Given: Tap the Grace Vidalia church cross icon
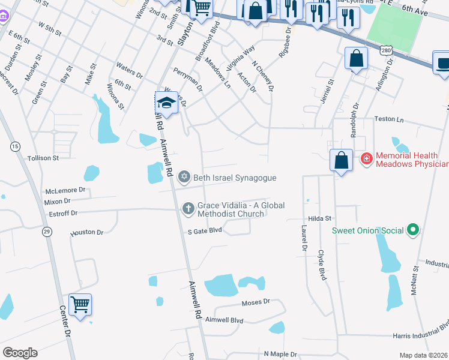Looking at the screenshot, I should tap(188, 208).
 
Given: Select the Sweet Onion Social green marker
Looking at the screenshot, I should tap(412, 229).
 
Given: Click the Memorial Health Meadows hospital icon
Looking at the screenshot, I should tap(366, 159).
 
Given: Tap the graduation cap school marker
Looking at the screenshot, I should tap(167, 103).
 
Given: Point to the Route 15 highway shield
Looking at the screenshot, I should tap(15, 146).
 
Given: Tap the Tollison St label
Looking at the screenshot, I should tap(43, 158).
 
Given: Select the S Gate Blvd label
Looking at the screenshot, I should tap(205, 230).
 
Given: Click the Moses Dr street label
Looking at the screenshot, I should tap(256, 302).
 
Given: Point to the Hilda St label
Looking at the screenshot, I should tap(320, 220).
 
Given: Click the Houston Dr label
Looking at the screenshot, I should tap(87, 232).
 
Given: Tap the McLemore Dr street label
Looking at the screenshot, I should tap(66, 190).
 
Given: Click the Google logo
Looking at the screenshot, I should tap(20, 353).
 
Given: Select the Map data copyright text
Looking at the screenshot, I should tap(424, 355).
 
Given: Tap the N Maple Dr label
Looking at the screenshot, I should tap(280, 354).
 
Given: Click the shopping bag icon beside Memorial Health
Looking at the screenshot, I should tap(341, 161).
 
